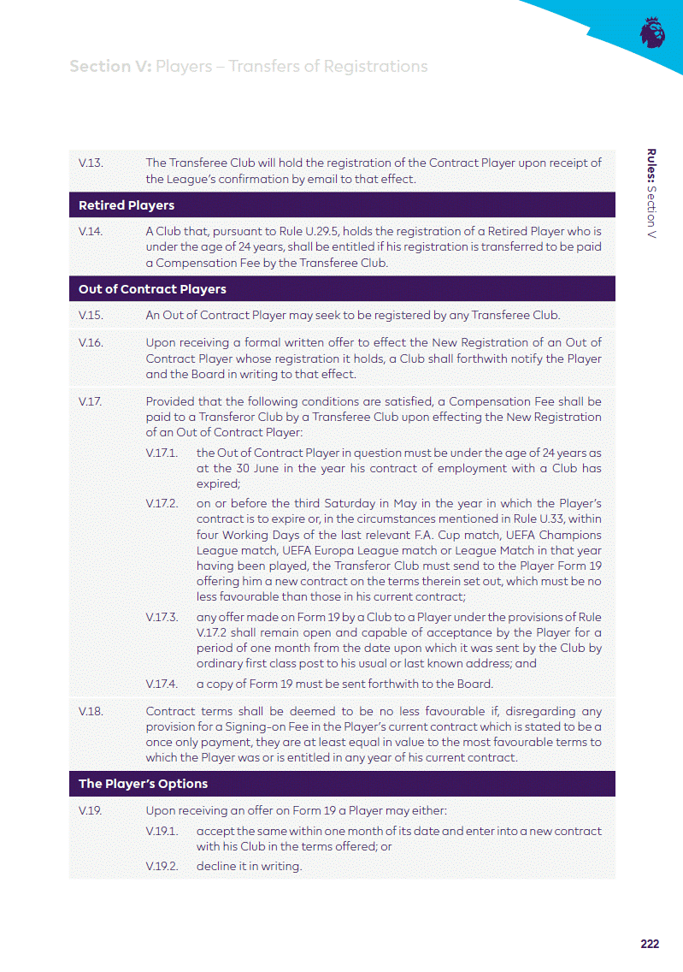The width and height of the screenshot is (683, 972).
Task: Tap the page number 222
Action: pyautogui.click(x=650, y=944)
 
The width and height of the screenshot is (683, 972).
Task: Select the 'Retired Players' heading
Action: pyautogui.click(x=127, y=205)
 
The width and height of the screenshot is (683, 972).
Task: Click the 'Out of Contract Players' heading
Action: pyautogui.click(x=152, y=289)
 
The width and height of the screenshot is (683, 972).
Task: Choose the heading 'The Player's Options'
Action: pyautogui.click(x=143, y=784)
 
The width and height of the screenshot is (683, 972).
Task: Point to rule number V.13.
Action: pyautogui.click(x=90, y=163)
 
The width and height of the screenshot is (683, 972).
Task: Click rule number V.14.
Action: pyautogui.click(x=90, y=232)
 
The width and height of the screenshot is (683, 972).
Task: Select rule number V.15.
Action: pyautogui.click(x=90, y=316)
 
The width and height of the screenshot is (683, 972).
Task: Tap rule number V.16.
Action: pyautogui.click(x=90, y=343)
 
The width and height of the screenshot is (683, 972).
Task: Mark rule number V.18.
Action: pyautogui.click(x=90, y=712)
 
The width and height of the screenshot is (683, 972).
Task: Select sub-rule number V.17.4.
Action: pyautogui.click(x=162, y=684)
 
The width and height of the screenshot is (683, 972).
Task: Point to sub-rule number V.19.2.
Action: pyautogui.click(x=162, y=866)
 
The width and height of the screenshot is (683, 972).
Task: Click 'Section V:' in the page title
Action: pyautogui.click(x=110, y=67)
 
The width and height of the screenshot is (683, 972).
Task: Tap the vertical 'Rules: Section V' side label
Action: pyautogui.click(x=651, y=193)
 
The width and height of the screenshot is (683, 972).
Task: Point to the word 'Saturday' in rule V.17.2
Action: pyautogui.click(x=346, y=503)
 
